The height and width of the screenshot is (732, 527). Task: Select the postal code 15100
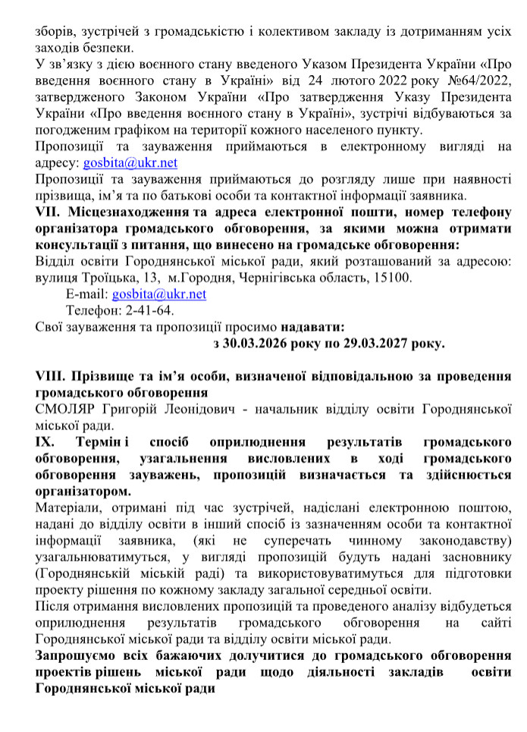(x=395, y=277)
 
